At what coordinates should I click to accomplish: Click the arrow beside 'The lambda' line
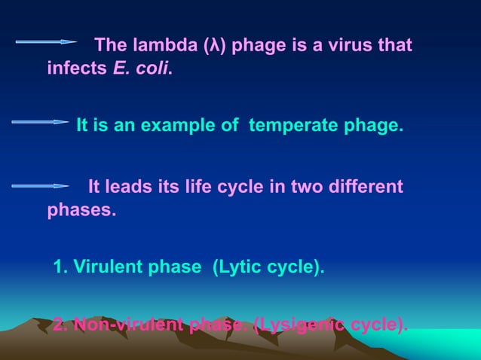[x=46, y=42]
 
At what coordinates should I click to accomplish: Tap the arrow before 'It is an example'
[x=41, y=121]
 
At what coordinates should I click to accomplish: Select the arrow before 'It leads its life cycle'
[x=41, y=185]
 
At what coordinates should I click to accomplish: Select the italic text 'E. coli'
[x=142, y=69]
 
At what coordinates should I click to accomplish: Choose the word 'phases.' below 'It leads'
[x=81, y=209]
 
